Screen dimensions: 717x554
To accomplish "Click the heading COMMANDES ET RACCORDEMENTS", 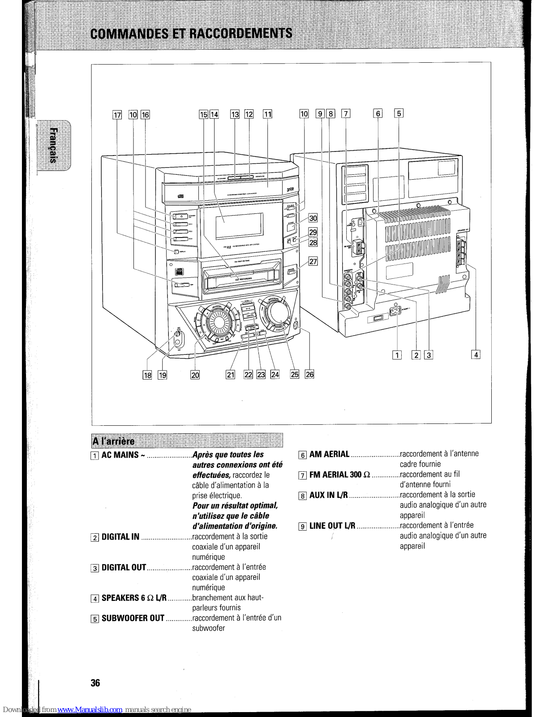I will pos(191,34).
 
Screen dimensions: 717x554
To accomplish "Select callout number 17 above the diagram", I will pos(117,115).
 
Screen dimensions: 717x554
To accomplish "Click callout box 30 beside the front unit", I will pos(313,218).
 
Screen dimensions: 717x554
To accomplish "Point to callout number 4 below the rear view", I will pos(476,355).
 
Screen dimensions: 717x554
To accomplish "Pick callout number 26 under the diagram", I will pos(309,374).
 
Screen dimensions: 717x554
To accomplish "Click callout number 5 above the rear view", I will pos(399,113).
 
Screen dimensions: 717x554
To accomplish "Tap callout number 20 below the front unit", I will pos(195,375).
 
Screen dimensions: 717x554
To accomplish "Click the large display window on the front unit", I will pos(239,225).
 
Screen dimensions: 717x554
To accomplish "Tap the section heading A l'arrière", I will pos(113,441).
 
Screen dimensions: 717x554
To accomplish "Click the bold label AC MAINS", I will pos(120,455).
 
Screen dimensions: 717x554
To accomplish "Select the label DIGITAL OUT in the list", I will pos(124,567).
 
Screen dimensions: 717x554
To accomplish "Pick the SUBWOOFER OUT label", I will pos(133,618).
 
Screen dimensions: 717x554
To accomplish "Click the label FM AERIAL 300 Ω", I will pos(340,475).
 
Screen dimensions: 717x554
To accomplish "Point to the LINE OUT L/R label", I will pos(332,526).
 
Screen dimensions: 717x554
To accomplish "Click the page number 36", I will pos(95,683).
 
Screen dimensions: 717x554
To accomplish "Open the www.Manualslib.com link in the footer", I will pos(90,710).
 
